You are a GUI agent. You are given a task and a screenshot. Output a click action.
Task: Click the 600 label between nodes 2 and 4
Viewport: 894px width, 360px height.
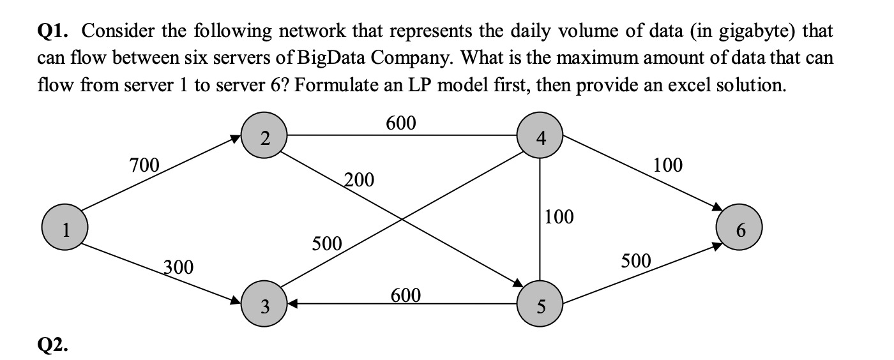pos(401,123)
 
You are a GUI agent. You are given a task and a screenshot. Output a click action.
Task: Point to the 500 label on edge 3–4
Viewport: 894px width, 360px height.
pos(328,243)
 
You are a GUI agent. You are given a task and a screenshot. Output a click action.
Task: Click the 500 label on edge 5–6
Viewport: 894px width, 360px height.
pos(636,260)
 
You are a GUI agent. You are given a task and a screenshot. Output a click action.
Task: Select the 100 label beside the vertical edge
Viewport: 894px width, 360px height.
pos(560,217)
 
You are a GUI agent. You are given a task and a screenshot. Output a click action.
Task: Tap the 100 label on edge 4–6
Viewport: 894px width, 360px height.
pos(668,165)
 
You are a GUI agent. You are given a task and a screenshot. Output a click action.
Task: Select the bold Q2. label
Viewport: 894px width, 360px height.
pos(53,345)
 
